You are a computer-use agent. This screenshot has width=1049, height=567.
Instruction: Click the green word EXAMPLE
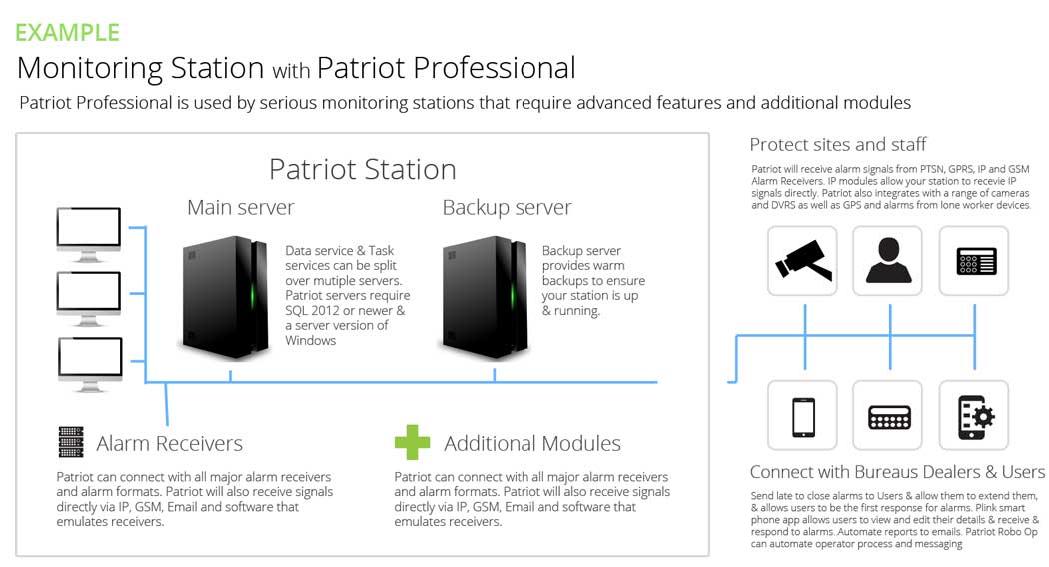click(67, 32)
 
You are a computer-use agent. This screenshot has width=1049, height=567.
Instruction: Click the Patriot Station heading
click(362, 169)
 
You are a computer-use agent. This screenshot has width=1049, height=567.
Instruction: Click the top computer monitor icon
click(89, 231)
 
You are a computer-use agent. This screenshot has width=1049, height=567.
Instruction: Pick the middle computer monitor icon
click(89, 294)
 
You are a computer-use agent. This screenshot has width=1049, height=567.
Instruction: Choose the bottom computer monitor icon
click(89, 359)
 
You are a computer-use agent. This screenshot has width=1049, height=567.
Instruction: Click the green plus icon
click(412, 442)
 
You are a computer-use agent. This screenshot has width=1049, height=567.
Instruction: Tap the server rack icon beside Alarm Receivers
click(71, 442)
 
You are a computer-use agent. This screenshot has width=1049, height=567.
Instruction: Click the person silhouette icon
click(888, 260)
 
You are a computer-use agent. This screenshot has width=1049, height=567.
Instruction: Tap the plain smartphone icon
click(803, 416)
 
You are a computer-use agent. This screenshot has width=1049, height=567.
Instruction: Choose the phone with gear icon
click(973, 416)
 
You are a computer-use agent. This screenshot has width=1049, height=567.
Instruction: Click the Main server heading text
click(241, 208)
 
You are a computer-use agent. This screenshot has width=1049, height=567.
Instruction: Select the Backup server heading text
click(507, 208)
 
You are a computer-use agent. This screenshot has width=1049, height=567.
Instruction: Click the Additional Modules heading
click(532, 443)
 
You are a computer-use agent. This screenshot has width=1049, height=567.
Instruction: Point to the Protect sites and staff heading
click(838, 145)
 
